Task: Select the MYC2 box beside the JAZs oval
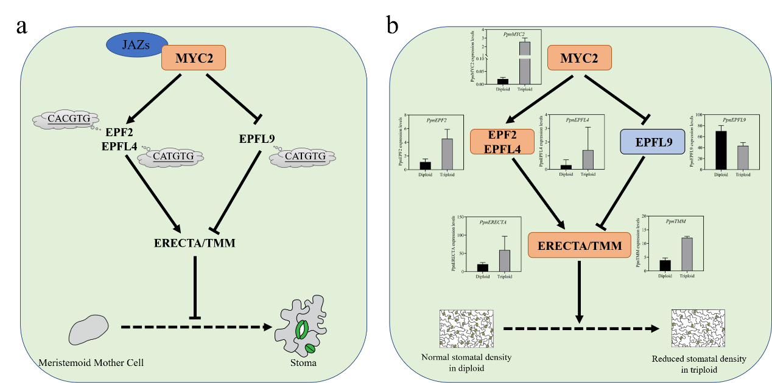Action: click(194, 60)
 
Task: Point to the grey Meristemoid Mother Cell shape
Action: click(89, 330)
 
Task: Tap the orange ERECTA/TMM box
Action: click(579, 245)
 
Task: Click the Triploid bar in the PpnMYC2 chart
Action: click(524, 63)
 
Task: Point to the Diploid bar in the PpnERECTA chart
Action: click(483, 268)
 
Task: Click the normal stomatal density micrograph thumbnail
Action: click(466, 328)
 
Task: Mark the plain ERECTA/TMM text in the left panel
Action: click(194, 243)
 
